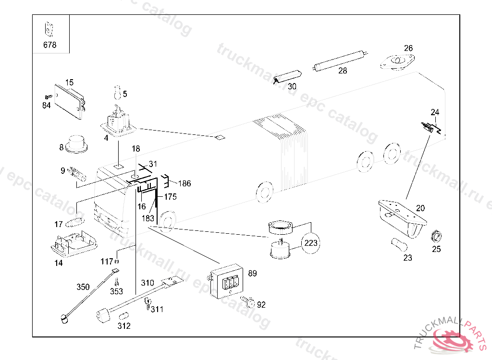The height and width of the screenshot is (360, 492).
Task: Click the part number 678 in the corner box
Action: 49,45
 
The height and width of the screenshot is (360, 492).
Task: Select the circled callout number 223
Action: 311,243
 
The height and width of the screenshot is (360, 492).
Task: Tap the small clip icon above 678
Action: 49,29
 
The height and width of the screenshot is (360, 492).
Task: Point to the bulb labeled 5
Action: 117,91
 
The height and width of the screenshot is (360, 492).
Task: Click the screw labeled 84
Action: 48,97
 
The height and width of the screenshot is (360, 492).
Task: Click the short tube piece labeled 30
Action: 287,76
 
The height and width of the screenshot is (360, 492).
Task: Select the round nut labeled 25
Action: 436,236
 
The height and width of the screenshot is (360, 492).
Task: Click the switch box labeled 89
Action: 227,282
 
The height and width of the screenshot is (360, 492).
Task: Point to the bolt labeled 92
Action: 249,302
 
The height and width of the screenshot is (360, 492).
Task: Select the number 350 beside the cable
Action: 83,287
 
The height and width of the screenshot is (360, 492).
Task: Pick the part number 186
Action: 184,183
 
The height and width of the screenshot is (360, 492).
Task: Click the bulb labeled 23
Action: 400,244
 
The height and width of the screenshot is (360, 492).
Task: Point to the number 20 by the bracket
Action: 420,208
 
